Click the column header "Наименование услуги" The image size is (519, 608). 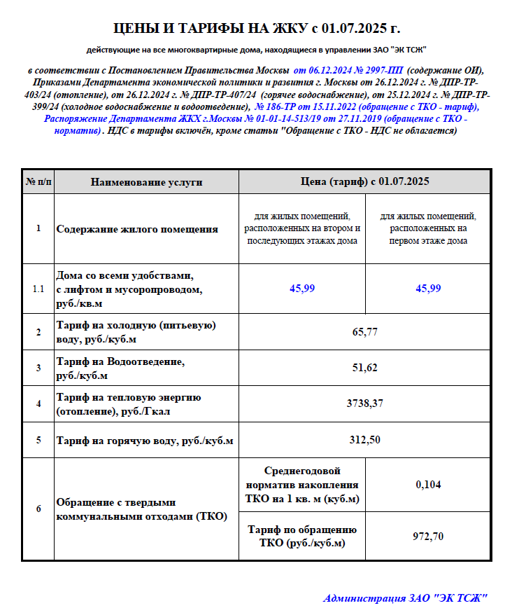[x=146, y=182]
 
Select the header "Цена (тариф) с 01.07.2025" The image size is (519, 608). [x=364, y=182]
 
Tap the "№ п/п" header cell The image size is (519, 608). [x=38, y=182]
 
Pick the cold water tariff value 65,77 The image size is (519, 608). [x=364, y=332]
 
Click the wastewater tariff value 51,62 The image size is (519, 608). [x=364, y=368]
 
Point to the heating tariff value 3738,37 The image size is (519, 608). [x=364, y=403]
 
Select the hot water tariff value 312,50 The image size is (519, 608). [x=364, y=440]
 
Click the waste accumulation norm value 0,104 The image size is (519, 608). [x=428, y=484]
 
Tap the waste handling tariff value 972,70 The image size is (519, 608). [x=428, y=536]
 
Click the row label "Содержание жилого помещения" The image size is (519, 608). [x=136, y=229]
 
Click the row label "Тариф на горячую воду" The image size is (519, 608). [x=144, y=441]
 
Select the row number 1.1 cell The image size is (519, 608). [x=38, y=289]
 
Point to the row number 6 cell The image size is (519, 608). [x=38, y=509]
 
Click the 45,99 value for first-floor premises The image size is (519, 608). [x=428, y=289]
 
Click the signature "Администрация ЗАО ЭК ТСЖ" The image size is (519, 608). [x=404, y=597]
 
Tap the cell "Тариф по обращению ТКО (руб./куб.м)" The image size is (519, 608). [x=302, y=536]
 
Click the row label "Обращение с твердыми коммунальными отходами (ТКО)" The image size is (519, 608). [x=141, y=509]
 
